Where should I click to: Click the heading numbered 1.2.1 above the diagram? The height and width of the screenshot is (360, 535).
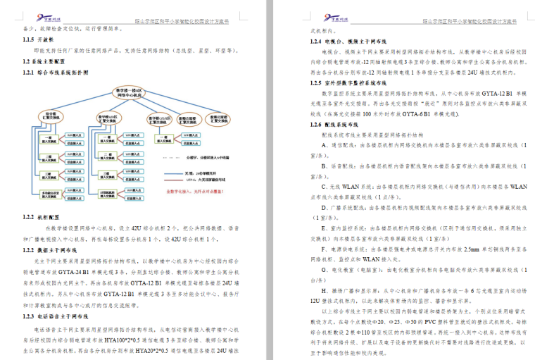[x=30, y=73]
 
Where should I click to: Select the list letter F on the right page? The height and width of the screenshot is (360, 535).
[x=324, y=248]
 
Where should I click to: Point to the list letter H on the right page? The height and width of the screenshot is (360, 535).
[x=324, y=290]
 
